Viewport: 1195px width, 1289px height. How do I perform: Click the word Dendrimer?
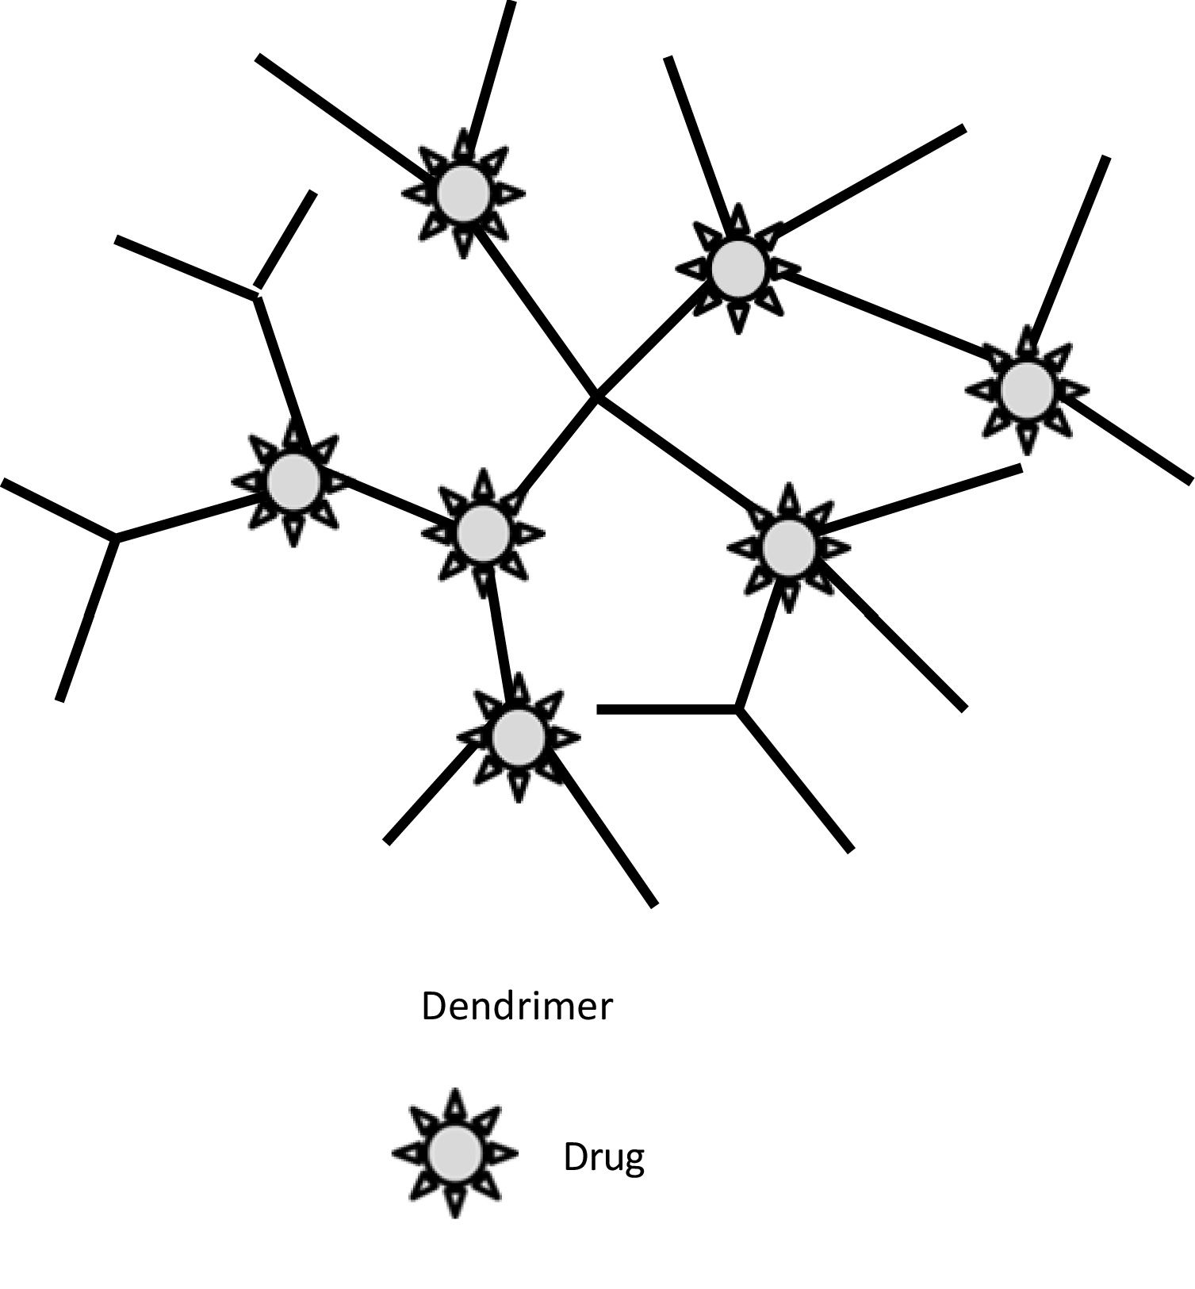[516, 1007]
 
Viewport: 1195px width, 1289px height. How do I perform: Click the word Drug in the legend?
[603, 1157]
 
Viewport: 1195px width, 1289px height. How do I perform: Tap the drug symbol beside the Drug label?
[454, 1153]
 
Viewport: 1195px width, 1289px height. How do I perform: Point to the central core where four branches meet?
[596, 396]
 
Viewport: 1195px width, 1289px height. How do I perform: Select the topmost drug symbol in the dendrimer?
[463, 193]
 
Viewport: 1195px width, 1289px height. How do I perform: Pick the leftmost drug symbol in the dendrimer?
[293, 481]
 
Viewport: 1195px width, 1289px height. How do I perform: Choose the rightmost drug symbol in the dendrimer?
[1027, 389]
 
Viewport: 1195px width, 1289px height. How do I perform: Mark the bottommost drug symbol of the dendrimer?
[518, 737]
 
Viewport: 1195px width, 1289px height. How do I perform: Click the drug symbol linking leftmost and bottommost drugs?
[482, 531]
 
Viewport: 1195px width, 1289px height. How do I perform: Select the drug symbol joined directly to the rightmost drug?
[737, 268]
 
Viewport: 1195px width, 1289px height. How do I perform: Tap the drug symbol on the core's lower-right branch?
[788, 546]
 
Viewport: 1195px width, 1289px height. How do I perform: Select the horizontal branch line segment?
[666, 709]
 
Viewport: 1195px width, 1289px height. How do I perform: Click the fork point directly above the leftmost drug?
[256, 297]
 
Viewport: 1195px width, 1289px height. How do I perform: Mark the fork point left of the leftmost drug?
[116, 539]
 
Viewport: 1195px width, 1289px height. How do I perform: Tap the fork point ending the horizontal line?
[737, 708]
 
